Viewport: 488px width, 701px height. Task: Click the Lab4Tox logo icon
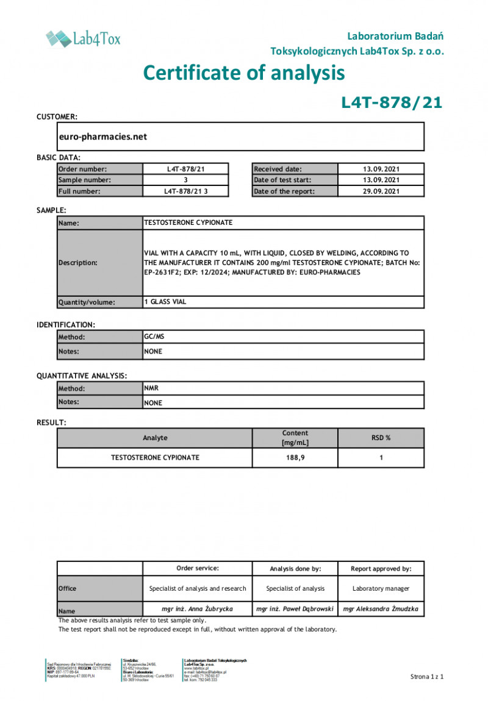pyautogui.click(x=59, y=39)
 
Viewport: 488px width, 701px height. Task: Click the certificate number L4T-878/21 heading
pyautogui.click(x=391, y=102)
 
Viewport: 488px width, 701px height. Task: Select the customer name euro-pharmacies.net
pyautogui.click(x=102, y=137)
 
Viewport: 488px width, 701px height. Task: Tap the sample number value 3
pyautogui.click(x=185, y=180)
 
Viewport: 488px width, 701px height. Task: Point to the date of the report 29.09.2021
pyautogui.click(x=381, y=191)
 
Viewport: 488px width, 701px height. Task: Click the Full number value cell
pyautogui.click(x=185, y=191)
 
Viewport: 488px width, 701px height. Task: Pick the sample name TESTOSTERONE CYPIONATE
pyautogui.click(x=188, y=222)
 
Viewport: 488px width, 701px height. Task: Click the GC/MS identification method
pyautogui.click(x=154, y=336)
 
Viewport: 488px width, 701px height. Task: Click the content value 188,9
pyautogui.click(x=295, y=457)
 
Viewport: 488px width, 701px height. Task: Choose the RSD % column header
pyautogui.click(x=381, y=438)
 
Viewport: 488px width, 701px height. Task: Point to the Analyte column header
pyautogui.click(x=155, y=438)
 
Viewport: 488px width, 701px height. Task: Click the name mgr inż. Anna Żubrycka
pyautogui.click(x=198, y=609)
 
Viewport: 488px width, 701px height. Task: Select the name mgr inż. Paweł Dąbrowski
pyautogui.click(x=295, y=609)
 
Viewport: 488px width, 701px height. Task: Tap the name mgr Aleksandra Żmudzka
pyautogui.click(x=381, y=609)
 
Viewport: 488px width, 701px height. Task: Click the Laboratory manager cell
pyautogui.click(x=381, y=588)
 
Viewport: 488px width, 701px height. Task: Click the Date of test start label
pyautogui.click(x=282, y=180)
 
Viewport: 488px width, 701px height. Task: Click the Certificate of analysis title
pyautogui.click(x=244, y=73)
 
